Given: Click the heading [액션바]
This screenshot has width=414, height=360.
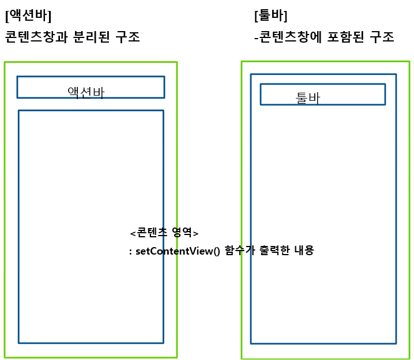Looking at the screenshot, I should coord(27,16).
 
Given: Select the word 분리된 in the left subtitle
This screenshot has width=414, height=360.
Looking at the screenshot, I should coord(89,37).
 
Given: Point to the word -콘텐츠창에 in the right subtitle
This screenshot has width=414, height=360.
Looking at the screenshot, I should coord(289,37).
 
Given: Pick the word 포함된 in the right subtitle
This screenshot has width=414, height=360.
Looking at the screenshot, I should coord(349,37).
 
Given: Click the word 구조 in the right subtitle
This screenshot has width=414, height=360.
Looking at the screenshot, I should coord(382,37).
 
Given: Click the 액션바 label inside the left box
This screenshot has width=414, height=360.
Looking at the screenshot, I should coord(86,92).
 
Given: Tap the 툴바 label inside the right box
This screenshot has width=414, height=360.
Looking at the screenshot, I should coord(307,98).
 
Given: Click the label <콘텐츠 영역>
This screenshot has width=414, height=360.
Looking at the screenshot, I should coord(164,233).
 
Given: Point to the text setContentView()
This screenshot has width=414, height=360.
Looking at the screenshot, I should coord(178,252).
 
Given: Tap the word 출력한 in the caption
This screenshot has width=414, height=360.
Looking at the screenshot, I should coord(271,251).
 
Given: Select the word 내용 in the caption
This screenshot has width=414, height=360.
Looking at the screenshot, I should coord(303,251).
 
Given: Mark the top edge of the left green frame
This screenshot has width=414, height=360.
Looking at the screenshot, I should coord(91,62).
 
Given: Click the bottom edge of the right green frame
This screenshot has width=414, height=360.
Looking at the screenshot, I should coord(326,358).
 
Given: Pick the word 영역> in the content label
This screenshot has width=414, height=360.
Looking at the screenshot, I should coord(185,233).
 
